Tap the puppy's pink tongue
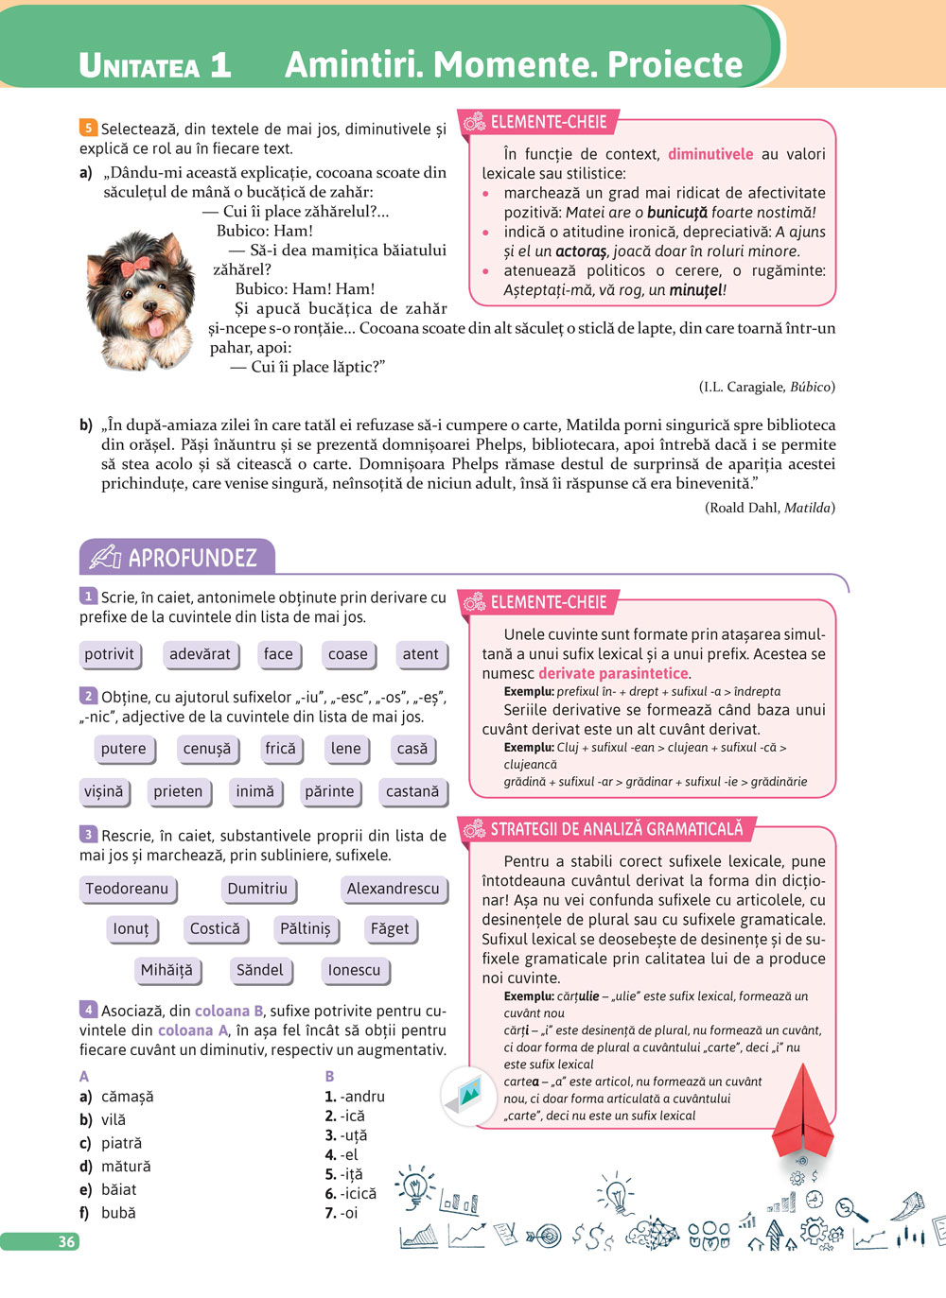[154, 327]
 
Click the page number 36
[66, 1241]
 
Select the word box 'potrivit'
[110, 654]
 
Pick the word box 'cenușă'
[207, 749]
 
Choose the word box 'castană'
[412, 791]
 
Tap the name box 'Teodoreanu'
[127, 889]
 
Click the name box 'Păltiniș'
[306, 928]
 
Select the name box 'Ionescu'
[354, 970]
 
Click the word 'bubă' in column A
[118, 1213]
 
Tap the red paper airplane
[803, 1111]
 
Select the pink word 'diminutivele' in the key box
[710, 154]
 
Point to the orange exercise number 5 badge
[88, 128]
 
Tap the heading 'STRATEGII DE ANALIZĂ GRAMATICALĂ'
[616, 829]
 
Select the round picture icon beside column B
[469, 1096]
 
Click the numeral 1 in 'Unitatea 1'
[220, 64]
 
